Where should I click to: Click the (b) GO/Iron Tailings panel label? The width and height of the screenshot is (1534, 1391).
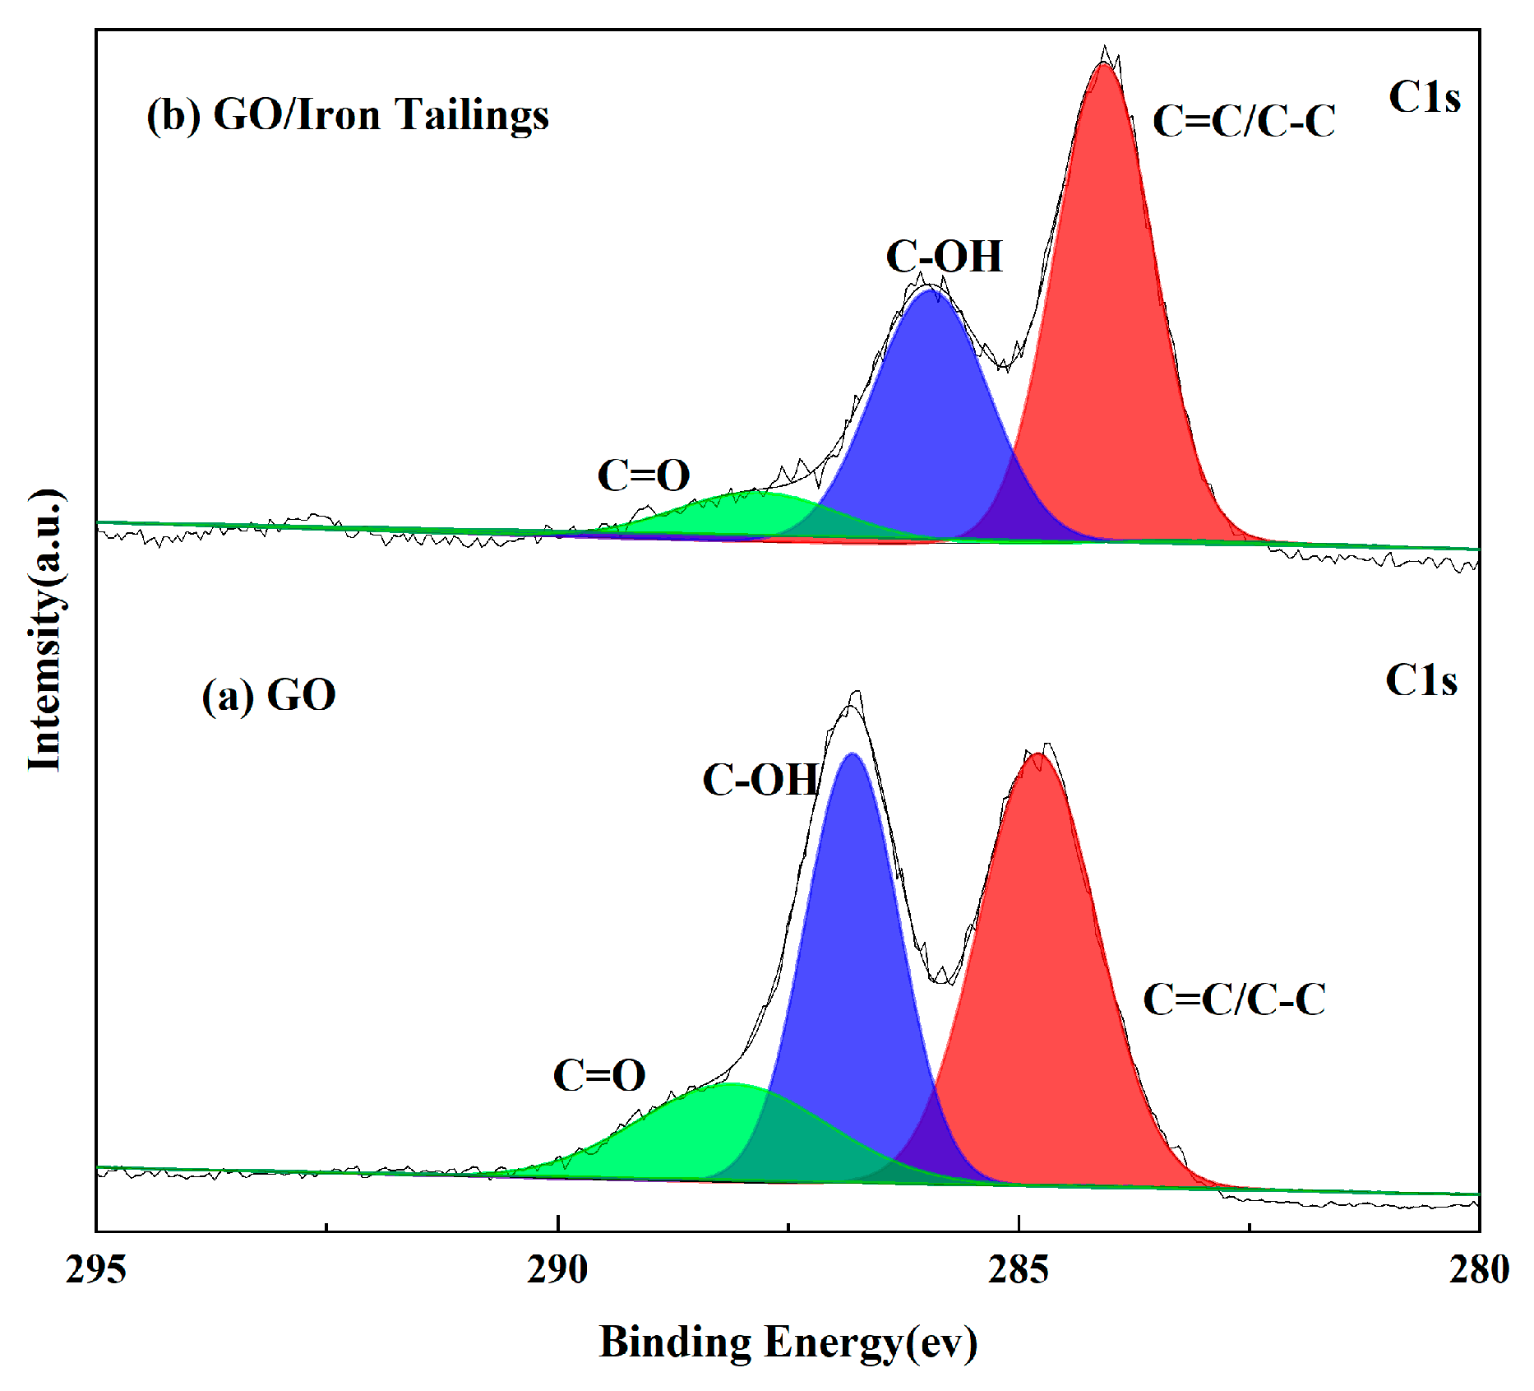point(348,115)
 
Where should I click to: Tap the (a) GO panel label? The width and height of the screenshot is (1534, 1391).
point(269,696)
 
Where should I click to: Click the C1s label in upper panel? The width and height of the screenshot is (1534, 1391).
point(1424,98)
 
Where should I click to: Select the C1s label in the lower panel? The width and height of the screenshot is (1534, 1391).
point(1421,681)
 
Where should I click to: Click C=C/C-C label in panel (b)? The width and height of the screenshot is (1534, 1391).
point(1244,122)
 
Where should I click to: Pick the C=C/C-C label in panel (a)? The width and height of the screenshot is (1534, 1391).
point(1234,1000)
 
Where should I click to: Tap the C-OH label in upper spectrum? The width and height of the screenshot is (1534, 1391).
point(944,257)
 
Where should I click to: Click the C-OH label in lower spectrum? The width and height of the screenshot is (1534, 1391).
point(760,780)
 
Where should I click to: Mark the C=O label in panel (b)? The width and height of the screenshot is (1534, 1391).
point(643,475)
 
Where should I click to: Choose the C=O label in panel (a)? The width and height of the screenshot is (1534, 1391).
point(598,1075)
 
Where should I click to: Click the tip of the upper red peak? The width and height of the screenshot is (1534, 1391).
point(1104,63)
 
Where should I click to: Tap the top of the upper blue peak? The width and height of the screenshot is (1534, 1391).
point(929,290)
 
